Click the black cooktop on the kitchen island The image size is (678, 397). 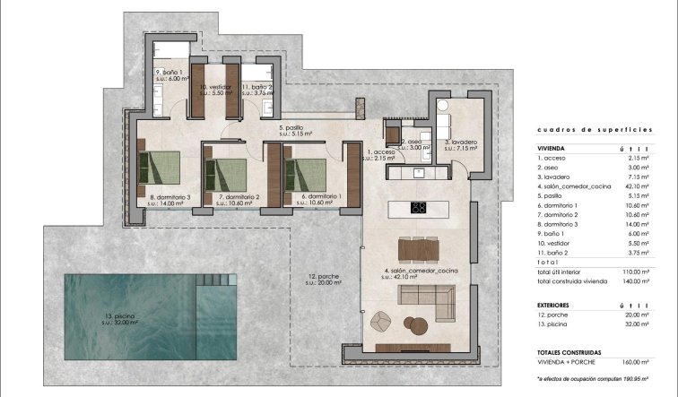click(x=418, y=208)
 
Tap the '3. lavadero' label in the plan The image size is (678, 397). click(x=459, y=142)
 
